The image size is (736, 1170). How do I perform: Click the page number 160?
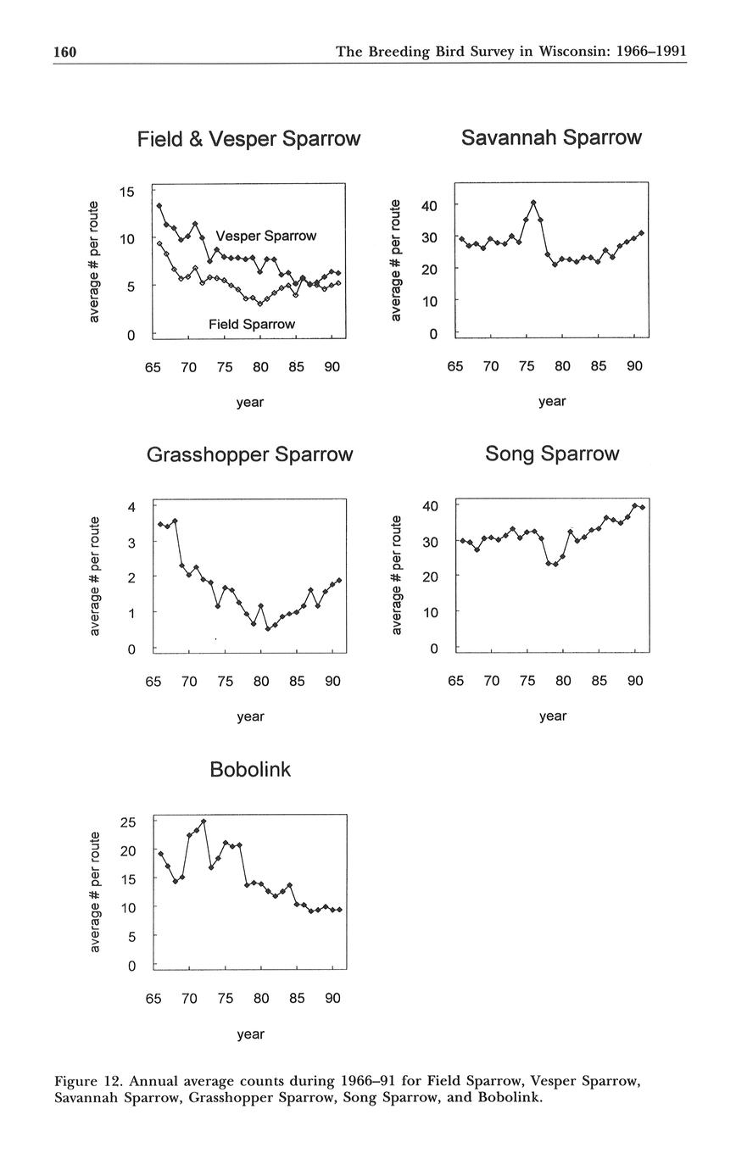click(x=65, y=52)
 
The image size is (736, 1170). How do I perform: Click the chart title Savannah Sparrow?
click(x=551, y=137)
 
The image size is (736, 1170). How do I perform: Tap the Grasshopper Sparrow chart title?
click(x=249, y=454)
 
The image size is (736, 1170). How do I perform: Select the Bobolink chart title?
click(x=249, y=770)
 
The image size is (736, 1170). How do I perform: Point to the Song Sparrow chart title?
click(x=552, y=454)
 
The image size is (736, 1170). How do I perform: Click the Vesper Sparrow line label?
click(x=265, y=236)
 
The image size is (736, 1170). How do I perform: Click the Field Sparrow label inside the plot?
click(x=251, y=324)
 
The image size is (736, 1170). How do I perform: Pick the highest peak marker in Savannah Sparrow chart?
click(x=533, y=203)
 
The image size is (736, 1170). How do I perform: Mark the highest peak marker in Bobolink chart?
click(x=204, y=822)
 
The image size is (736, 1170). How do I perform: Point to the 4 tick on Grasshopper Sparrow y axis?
click(x=131, y=507)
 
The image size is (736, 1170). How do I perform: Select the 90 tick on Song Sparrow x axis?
click(x=635, y=681)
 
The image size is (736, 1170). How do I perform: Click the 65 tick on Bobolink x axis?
click(x=153, y=998)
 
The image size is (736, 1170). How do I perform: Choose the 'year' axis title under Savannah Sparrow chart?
click(x=551, y=401)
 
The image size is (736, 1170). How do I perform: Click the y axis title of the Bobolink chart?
click(x=96, y=891)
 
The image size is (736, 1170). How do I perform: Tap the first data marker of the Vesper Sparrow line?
click(x=159, y=206)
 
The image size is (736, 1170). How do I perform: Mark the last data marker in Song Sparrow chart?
click(x=643, y=507)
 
